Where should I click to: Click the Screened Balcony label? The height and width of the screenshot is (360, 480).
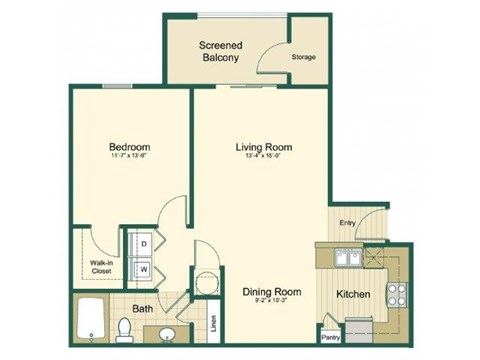[221, 51]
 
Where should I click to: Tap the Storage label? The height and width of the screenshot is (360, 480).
[303, 57]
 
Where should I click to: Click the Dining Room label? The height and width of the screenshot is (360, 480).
[271, 292]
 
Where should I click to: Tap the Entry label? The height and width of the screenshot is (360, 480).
[347, 223]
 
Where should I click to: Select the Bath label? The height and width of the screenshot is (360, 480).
[143, 308]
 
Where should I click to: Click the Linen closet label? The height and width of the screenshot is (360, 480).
[213, 324]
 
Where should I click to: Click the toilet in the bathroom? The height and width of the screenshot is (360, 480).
[124, 328]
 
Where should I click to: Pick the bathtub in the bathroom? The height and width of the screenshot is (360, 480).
[90, 318]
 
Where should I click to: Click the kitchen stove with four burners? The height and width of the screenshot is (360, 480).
[395, 294]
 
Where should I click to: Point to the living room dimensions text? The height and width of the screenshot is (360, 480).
[264, 158]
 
